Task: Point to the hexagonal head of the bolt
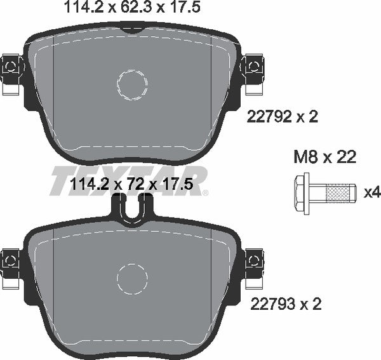[302, 190]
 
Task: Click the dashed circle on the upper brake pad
[133, 84]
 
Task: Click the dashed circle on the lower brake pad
[133, 277]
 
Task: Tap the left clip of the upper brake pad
[11, 66]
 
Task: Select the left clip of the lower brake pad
[11, 260]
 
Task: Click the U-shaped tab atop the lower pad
[133, 209]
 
